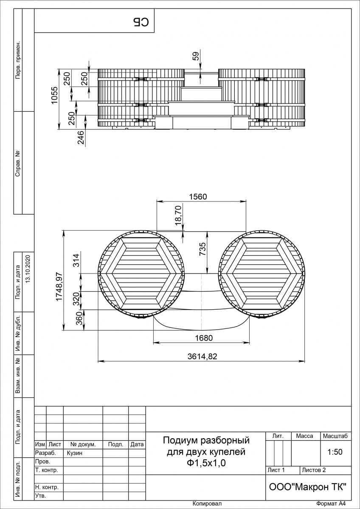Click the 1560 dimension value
[198, 196]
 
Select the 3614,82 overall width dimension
[202, 356]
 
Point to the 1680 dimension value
[204, 338]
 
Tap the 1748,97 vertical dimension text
[59, 286]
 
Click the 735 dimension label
[202, 249]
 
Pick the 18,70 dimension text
[179, 215]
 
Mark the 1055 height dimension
[55, 95]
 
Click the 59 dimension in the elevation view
[196, 56]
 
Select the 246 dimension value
[81, 137]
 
